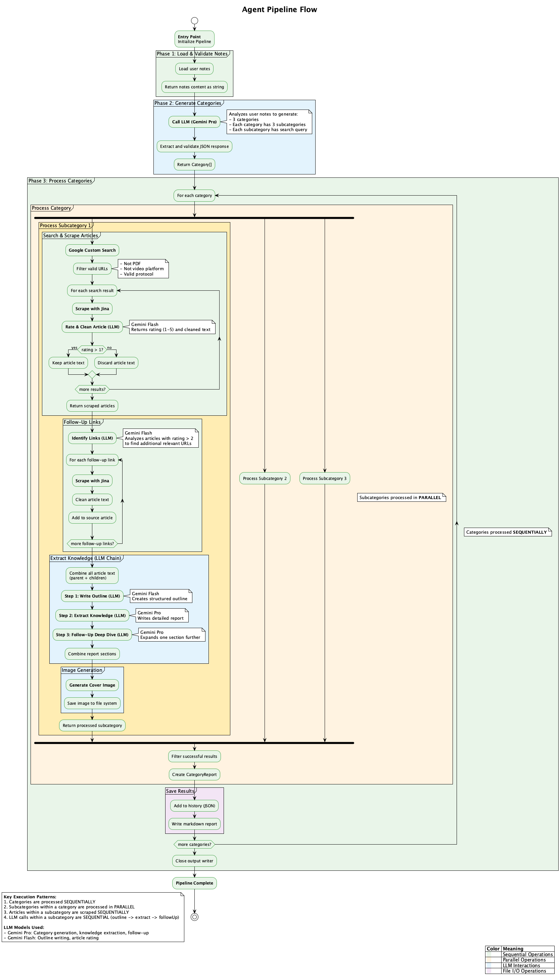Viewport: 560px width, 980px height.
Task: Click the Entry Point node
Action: tap(194, 39)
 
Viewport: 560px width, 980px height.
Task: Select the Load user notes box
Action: tap(194, 69)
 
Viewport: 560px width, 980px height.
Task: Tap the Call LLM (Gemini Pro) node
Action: tap(194, 122)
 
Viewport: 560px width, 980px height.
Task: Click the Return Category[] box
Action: tap(194, 165)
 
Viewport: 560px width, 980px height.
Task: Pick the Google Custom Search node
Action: tap(92, 250)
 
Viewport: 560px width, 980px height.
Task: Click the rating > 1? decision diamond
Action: tap(92, 350)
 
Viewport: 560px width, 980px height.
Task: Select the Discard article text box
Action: tap(116, 363)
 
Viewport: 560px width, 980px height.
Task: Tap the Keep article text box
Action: tap(68, 363)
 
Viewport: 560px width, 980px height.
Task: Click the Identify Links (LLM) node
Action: tap(92, 438)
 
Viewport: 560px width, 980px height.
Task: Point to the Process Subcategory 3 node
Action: tap(324, 479)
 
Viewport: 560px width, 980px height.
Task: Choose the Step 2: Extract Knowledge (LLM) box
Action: tap(92, 615)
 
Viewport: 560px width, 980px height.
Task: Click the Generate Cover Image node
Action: tap(92, 685)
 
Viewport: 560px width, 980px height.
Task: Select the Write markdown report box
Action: tap(194, 824)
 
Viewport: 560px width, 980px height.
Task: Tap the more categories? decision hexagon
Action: tap(194, 845)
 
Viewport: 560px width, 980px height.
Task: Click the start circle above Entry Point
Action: tap(194, 21)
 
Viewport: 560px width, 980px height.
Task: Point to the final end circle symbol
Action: tap(194, 917)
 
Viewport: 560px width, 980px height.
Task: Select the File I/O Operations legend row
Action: tap(519, 971)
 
